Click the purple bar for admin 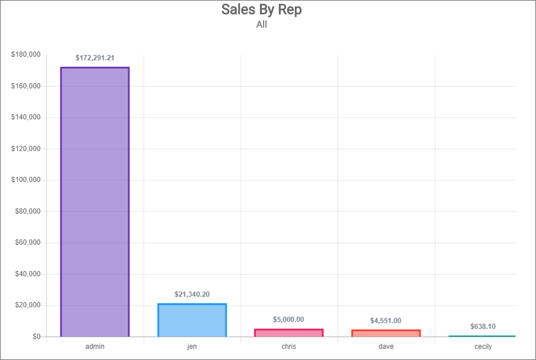pos(95,202)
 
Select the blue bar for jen pos(192,320)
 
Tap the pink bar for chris pos(289,333)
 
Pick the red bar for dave pos(386,334)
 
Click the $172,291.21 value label pos(95,58)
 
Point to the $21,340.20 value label pos(192,294)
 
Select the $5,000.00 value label pos(289,320)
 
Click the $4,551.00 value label pos(386,321)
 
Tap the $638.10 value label pos(483,327)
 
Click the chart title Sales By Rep pos(262,10)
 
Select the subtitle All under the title pos(262,25)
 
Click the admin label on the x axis pos(95,347)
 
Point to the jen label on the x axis pos(192,347)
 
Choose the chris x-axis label pos(289,347)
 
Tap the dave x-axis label pos(386,347)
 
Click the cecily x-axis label pos(483,347)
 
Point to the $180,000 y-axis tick pos(26,55)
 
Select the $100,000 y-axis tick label pos(26,180)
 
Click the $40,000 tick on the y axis pos(28,274)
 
